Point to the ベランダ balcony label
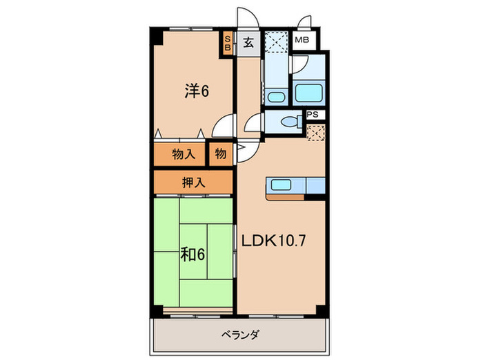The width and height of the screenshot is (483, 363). tap(240, 335)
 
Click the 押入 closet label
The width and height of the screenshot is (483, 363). tap(193, 183)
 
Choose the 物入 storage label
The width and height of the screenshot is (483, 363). tap(183, 153)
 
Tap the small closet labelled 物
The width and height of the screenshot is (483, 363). tap(219, 153)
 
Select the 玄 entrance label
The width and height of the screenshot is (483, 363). tap(248, 42)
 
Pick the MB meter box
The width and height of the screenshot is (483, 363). tap(302, 41)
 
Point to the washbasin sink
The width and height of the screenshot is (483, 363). tap(277, 96)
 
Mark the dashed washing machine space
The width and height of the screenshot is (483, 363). tap(276, 42)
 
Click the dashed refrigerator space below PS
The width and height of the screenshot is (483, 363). tap(314, 132)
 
